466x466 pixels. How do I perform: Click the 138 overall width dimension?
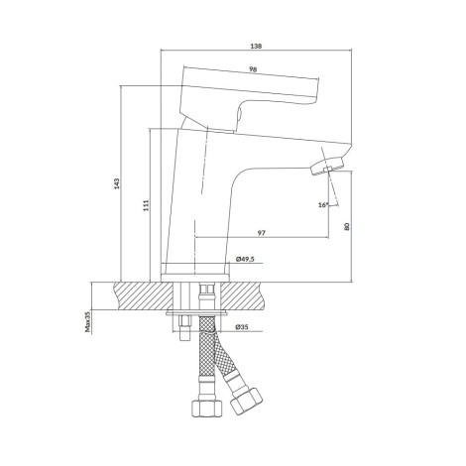coord(256,47)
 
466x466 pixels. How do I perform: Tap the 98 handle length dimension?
coord(253,69)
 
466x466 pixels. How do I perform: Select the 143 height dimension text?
coord(116,183)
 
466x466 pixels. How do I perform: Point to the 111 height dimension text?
coord(147,205)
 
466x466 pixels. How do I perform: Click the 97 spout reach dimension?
coord(262,233)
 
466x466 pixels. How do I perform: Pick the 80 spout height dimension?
coord(346,226)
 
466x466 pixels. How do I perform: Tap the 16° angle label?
coord(323,205)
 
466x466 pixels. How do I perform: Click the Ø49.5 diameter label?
coord(245,259)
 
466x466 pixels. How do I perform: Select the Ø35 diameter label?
coord(242,327)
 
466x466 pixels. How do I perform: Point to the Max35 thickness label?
coord(88,322)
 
